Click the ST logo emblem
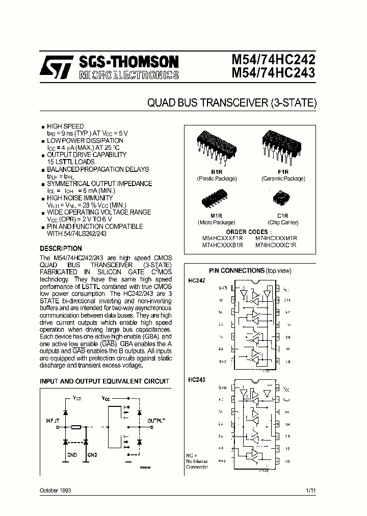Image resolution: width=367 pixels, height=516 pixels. (x=58, y=68)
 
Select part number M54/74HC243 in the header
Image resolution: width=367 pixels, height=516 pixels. (x=273, y=73)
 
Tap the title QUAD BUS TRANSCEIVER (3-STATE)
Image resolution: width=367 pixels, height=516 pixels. (x=232, y=102)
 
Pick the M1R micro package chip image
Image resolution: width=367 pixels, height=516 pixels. (x=216, y=198)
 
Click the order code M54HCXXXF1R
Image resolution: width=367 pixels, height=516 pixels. (x=223, y=238)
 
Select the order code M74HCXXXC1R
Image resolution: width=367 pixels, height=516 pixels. (x=276, y=245)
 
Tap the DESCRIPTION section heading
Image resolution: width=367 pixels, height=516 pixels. (x=61, y=249)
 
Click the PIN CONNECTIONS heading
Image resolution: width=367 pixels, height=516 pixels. (x=237, y=270)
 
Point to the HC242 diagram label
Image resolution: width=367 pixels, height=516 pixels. (x=197, y=281)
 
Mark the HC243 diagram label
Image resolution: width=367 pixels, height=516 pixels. (x=197, y=379)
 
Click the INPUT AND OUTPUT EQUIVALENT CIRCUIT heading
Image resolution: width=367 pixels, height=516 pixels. (x=104, y=381)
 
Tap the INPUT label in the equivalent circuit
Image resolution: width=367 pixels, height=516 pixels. (x=53, y=421)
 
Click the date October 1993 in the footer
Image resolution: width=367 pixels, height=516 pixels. (x=56, y=491)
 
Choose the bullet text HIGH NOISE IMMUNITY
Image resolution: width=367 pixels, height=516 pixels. (x=80, y=197)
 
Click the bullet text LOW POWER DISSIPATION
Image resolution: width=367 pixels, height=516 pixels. (x=85, y=140)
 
